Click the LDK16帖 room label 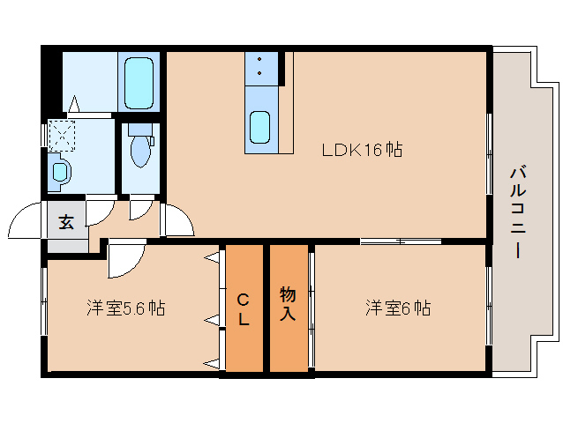(x=361, y=150)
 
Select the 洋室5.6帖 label (x=125, y=308)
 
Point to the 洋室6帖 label (x=398, y=308)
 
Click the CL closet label (x=244, y=308)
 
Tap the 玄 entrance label (x=66, y=221)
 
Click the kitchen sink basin (x=260, y=129)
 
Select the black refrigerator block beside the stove (x=282, y=68)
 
